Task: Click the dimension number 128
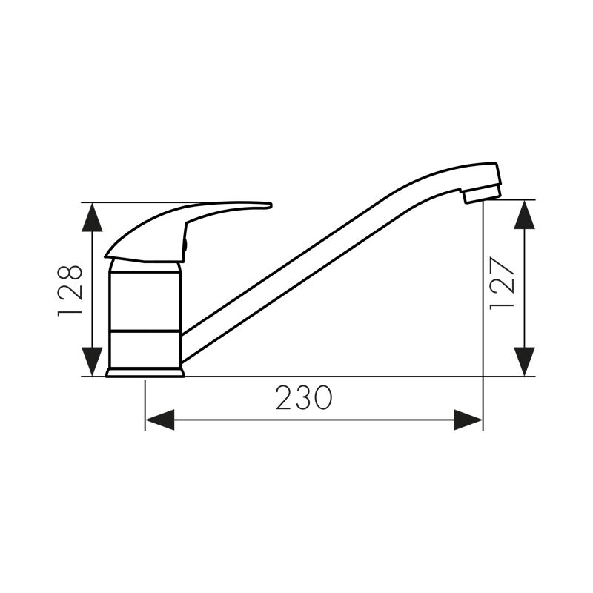pos(70,291)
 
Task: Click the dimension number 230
pos(304,397)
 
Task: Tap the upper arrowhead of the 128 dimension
pos(92,217)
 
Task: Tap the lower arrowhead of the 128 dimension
pos(92,362)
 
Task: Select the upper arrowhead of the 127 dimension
pos(525,214)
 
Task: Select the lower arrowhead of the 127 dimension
pos(525,362)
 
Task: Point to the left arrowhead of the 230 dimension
pos(159,420)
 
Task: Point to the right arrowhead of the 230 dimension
pos(468,420)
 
